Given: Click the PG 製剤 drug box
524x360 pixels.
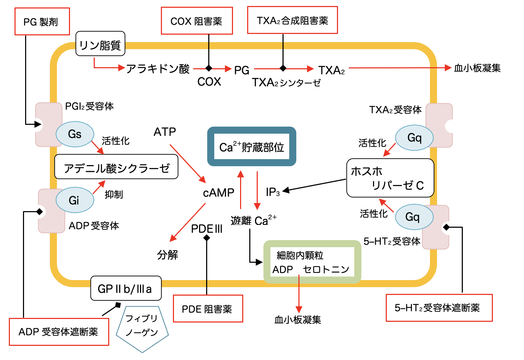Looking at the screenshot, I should pyautogui.click(x=42, y=22).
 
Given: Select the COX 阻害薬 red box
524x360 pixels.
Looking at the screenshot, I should pyautogui.click(x=197, y=21).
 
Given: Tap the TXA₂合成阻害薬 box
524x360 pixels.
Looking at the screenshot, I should pyautogui.click(x=292, y=20).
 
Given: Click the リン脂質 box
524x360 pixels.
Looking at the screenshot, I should pyautogui.click(x=100, y=44).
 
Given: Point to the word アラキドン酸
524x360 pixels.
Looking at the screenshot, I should pyautogui.click(x=158, y=68).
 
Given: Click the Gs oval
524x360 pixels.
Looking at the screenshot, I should pyautogui.click(x=75, y=134).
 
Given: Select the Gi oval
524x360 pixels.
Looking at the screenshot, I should pyautogui.click(x=75, y=200).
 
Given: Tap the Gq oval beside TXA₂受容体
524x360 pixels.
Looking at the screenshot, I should pyautogui.click(x=414, y=138).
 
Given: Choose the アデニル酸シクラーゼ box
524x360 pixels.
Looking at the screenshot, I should pyautogui.click(x=116, y=167).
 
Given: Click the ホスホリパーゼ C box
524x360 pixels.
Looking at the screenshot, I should pyautogui.click(x=390, y=178).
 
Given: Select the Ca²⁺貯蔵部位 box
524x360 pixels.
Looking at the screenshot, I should pyautogui.click(x=251, y=146).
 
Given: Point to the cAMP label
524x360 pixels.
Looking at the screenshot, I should pyautogui.click(x=219, y=193).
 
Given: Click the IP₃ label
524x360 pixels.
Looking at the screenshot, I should pyautogui.click(x=273, y=192).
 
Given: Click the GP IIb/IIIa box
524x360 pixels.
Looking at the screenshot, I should pyautogui.click(x=126, y=289).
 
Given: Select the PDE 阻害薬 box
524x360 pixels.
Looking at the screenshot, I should pyautogui.click(x=208, y=309).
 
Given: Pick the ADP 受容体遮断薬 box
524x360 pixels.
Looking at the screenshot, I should pyautogui.click(x=59, y=332).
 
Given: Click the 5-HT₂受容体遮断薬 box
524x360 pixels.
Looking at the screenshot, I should pyautogui.click(x=439, y=308).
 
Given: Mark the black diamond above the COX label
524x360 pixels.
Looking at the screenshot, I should pyautogui.click(x=209, y=68).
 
